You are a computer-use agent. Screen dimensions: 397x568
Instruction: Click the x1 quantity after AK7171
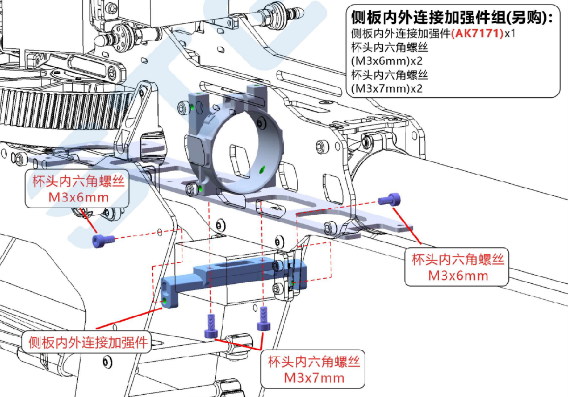[x=510, y=34]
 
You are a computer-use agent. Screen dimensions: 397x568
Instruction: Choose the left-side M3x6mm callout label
[x=78, y=189]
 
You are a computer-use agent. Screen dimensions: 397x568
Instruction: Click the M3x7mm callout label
[x=314, y=369]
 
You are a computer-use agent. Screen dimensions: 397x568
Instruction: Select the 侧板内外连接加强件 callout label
[x=87, y=342]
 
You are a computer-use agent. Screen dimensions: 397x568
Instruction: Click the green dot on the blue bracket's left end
[x=165, y=299]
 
